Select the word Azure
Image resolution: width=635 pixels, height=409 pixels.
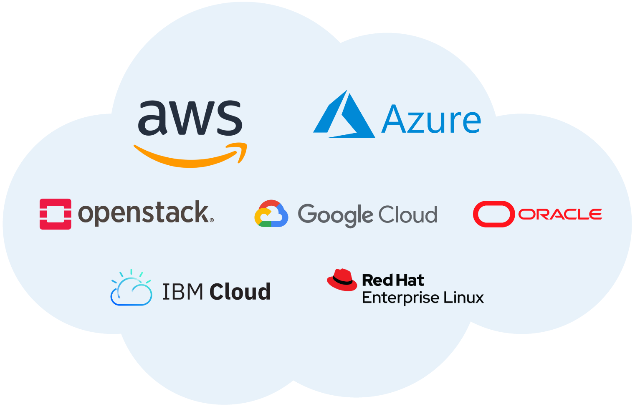431,120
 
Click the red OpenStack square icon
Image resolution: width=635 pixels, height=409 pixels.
55,214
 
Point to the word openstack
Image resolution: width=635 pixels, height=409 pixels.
143,213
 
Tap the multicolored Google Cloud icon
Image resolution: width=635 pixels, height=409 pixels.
271,214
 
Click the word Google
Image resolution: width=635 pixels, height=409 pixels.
335,215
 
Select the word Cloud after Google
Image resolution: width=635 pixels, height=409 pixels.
408,215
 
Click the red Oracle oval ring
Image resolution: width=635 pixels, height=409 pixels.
493,214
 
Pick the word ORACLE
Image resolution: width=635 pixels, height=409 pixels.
560,214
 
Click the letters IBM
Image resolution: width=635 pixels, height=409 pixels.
182,292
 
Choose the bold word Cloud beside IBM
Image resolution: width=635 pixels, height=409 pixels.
240,292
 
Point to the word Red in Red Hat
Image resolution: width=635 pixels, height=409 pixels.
377,280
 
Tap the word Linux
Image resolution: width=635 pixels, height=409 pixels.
463,298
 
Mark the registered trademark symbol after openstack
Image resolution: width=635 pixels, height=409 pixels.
212,220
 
